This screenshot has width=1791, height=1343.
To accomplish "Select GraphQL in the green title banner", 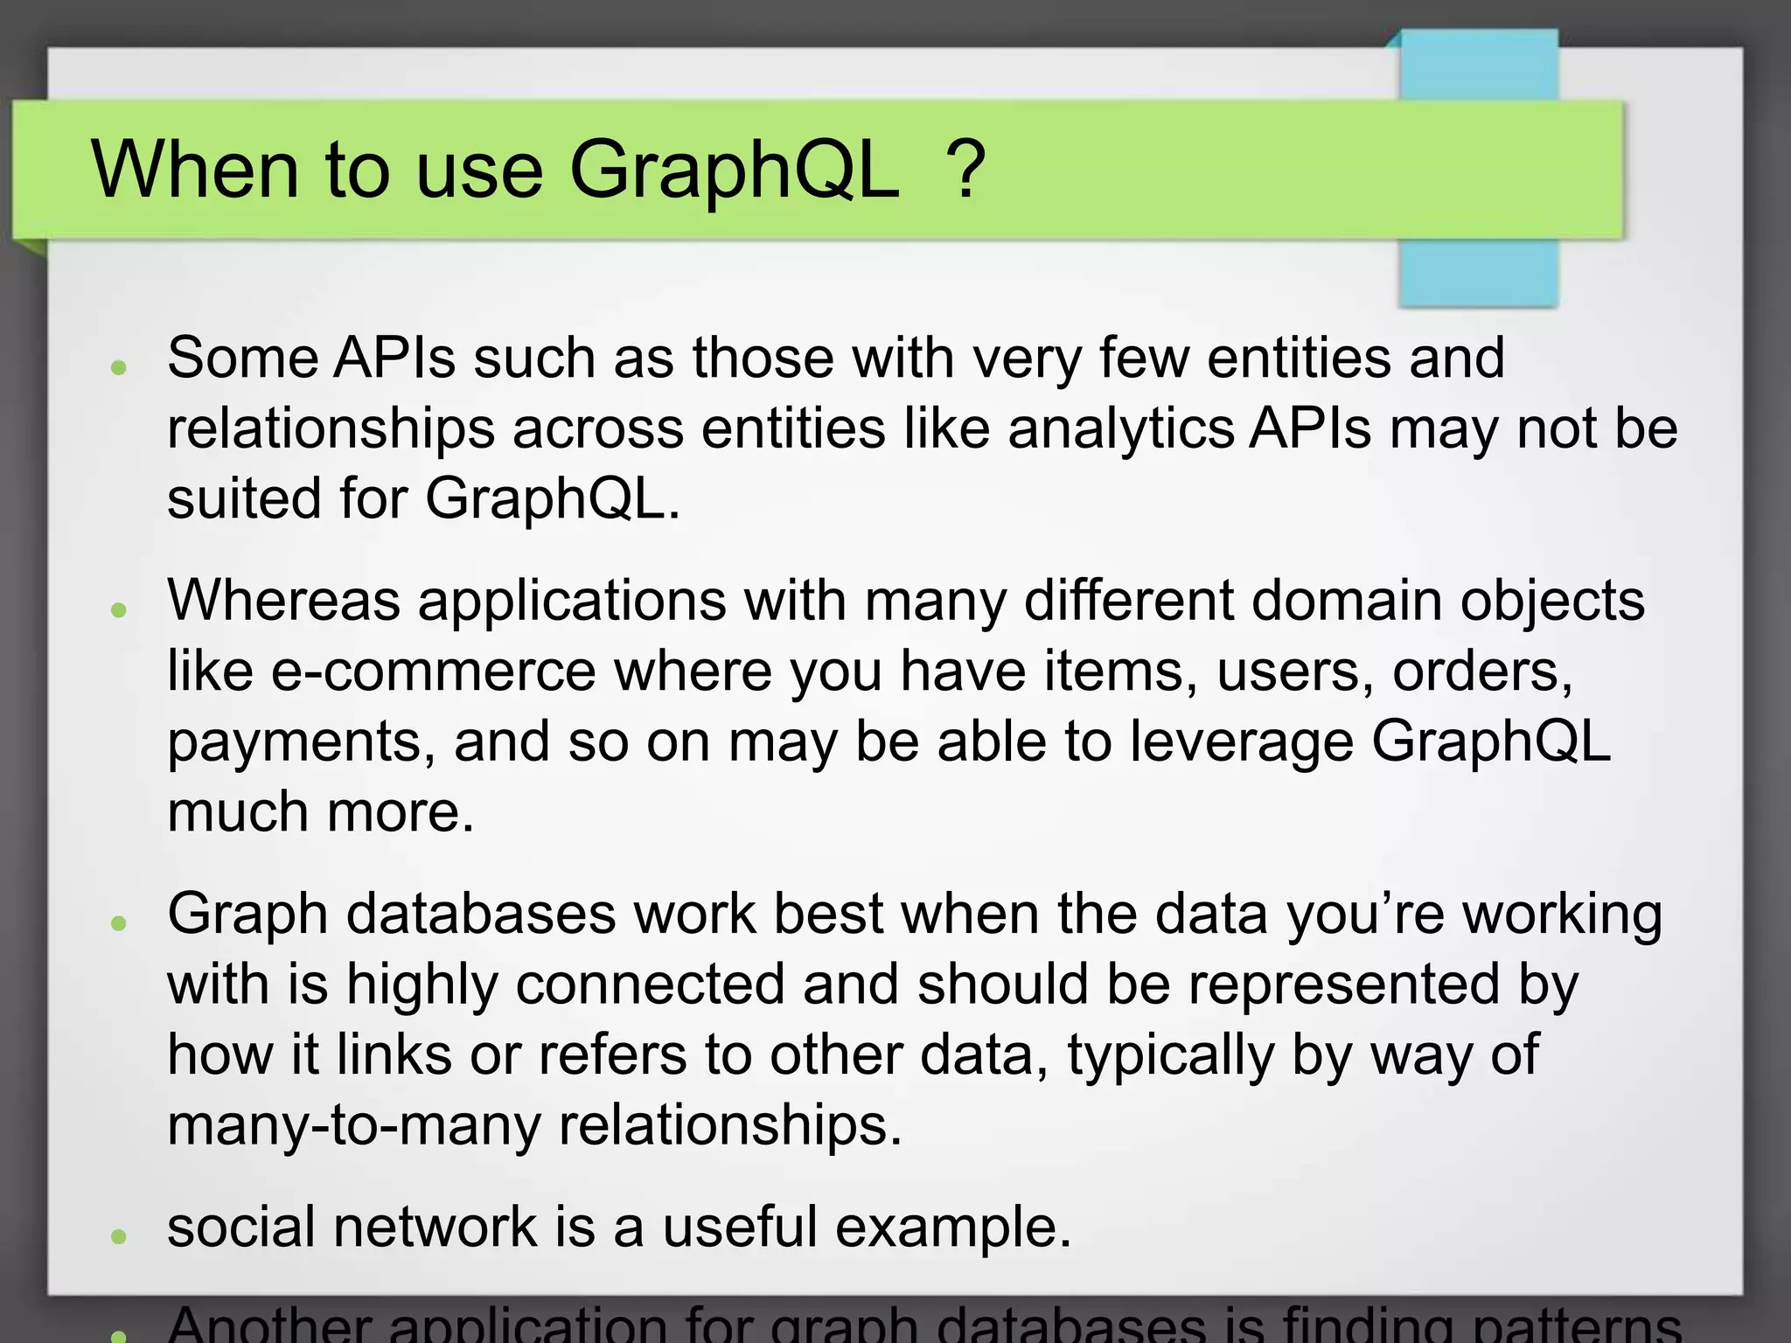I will [x=734, y=170].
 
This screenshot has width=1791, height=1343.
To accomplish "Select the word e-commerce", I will [x=434, y=671].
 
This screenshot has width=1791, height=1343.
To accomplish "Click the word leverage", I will [x=1241, y=743].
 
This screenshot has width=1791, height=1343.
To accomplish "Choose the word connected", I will [x=651, y=985].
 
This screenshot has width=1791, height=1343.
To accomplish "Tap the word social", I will [x=241, y=1226].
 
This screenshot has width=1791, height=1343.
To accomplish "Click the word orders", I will [x=1482, y=671].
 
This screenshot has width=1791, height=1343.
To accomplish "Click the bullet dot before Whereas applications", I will [x=120, y=609].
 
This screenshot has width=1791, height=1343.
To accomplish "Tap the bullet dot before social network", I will [x=120, y=1235].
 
